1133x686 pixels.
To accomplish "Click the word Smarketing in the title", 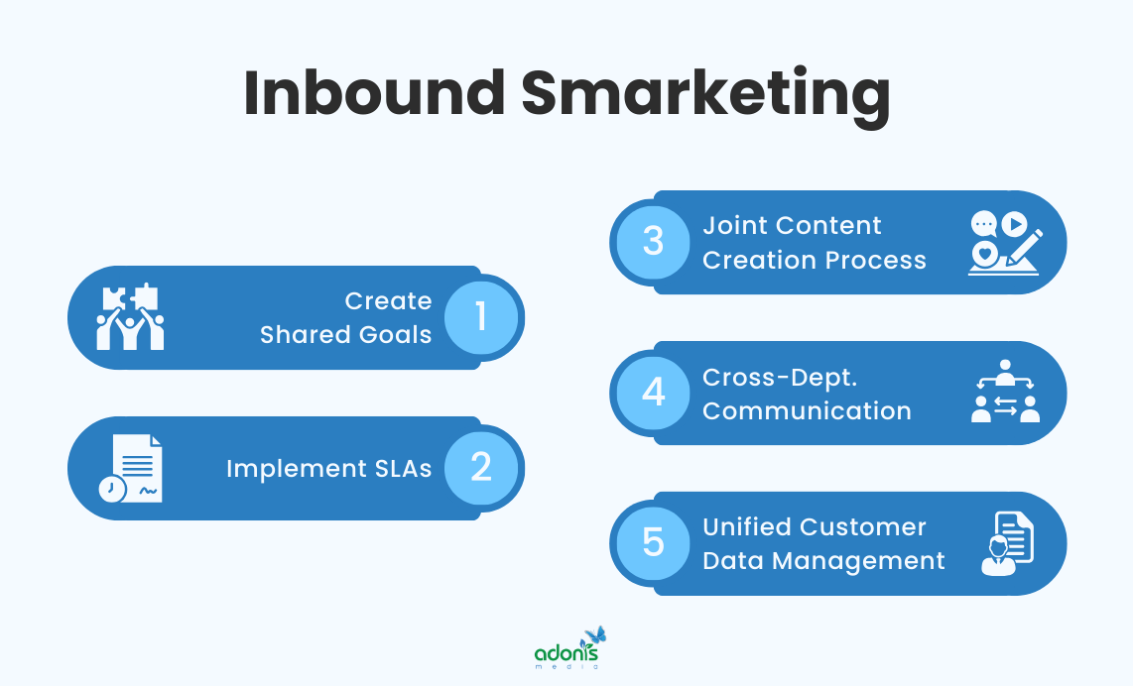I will coord(704,96).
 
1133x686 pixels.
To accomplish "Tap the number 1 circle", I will coord(481,317).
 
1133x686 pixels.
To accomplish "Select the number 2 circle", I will coord(481,468).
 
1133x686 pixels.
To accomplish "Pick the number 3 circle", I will coord(653,242).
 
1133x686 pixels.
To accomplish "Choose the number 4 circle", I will coord(653,393).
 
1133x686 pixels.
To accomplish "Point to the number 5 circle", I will coord(653,543).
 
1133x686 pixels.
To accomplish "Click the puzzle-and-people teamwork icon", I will coord(130,317).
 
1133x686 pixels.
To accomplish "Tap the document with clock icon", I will coord(130,468).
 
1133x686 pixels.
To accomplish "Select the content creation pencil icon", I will coord(1004,242).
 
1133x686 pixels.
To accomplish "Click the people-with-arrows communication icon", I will coord(1004,393).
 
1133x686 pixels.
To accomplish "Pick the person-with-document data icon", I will coord(1006,543).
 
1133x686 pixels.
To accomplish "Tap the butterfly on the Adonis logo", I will coord(595,634).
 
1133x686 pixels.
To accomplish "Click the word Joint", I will coord(734,226).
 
